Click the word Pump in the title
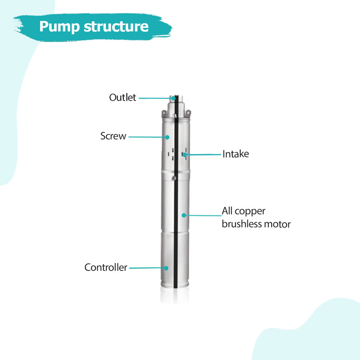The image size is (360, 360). click(59, 27)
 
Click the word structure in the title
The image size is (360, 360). click(116, 26)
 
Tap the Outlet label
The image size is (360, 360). click(123, 97)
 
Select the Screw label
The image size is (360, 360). click(113, 136)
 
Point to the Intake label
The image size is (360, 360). click(236, 154)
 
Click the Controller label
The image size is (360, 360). click(106, 267)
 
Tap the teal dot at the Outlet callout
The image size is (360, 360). click(173, 98)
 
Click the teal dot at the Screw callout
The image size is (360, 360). click(167, 137)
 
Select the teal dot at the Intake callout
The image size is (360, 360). click(184, 154)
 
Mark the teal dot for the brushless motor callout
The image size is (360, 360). click(184, 215)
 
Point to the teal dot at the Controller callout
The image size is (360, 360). click(166, 268)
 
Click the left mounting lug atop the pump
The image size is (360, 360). click(164, 114)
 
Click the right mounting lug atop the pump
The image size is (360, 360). click(188, 113)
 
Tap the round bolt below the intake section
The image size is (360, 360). click(174, 178)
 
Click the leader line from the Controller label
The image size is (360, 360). click(147, 268)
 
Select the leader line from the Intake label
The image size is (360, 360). click(203, 154)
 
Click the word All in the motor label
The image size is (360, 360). click(227, 211)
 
